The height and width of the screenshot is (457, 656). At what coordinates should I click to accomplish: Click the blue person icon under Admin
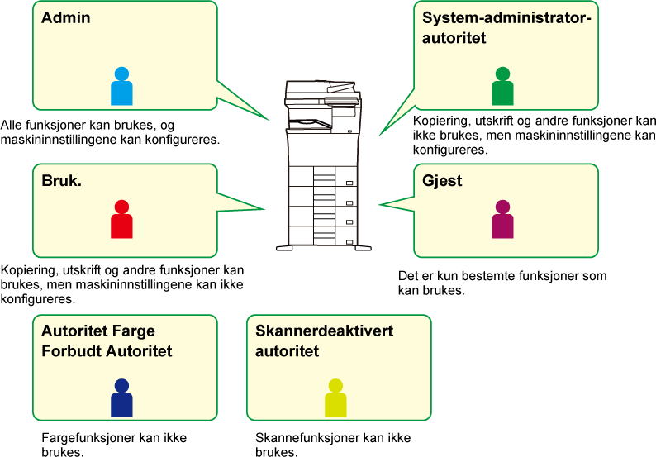coord(121,86)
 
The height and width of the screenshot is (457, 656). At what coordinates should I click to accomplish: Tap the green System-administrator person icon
coord(502,86)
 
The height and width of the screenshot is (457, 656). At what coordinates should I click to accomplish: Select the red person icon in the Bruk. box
coord(121,219)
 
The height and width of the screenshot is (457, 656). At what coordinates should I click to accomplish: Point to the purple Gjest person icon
coord(502,219)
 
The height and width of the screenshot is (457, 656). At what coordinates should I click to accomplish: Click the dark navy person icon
coord(121,398)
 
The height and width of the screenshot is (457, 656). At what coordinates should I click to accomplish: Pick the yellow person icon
coord(335,398)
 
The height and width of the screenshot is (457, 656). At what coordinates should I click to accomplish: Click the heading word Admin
coord(66,17)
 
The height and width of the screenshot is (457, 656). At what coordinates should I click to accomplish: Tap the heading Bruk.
coord(61,181)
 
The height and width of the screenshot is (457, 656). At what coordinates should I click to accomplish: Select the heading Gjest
coord(442,181)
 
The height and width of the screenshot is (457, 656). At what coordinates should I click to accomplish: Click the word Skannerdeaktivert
coord(324,331)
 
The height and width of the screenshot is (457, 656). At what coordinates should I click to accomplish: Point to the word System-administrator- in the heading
coord(506,18)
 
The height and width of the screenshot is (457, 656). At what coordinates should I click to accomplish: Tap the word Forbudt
coord(72,351)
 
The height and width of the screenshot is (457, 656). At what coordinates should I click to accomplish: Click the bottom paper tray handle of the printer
coord(349,242)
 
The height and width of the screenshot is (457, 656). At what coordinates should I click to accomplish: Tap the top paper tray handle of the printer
coord(349,183)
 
